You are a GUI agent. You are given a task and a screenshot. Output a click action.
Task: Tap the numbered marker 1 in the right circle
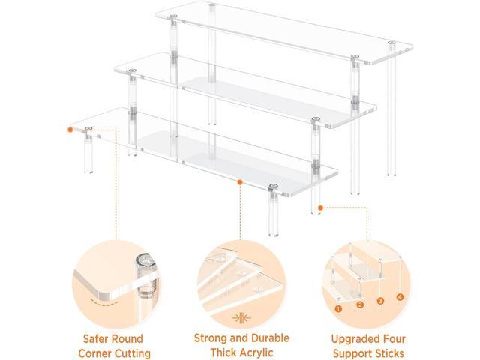[339, 307]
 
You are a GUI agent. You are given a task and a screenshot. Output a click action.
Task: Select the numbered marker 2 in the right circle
[359, 304]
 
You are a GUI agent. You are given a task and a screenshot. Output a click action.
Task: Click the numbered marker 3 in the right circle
[380, 300]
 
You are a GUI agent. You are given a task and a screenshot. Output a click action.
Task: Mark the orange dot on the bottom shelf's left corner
[70, 129]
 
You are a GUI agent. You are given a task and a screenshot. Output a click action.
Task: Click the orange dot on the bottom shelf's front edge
[238, 181]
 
